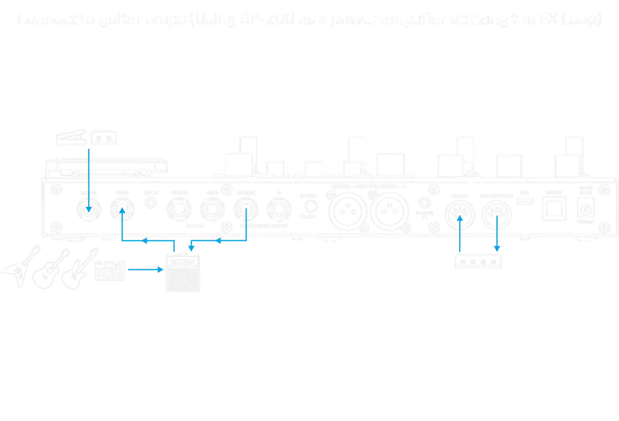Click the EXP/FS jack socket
pyautogui.click(x=89, y=210)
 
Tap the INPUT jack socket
pyautogui.click(x=122, y=210)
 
